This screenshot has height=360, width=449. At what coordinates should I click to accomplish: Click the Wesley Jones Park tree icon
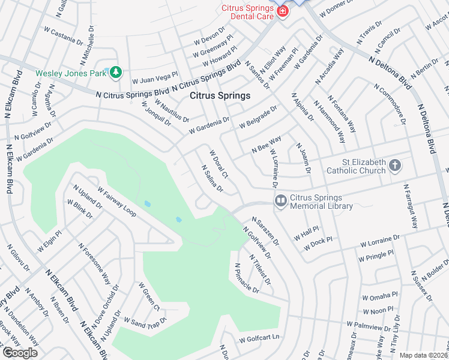click(x=116, y=73)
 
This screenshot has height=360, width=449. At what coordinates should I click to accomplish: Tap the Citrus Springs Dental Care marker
click(x=282, y=12)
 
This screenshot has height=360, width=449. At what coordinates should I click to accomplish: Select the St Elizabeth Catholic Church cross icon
click(x=394, y=165)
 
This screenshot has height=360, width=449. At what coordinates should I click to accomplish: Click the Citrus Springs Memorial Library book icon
click(x=280, y=201)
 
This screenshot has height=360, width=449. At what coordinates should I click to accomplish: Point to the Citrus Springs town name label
click(x=220, y=95)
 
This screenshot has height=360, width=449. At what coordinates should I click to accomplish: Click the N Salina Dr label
click(x=212, y=179)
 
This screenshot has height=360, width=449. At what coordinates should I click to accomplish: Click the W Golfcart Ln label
click(x=260, y=338)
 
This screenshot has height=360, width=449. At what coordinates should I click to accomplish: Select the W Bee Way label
click(x=267, y=145)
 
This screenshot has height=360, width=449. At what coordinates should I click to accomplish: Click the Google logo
click(x=20, y=353)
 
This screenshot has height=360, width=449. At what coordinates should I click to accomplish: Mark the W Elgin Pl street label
click(x=50, y=241)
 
